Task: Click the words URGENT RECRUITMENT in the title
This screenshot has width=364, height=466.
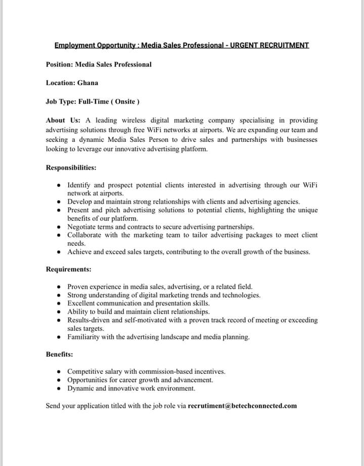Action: click(x=269, y=46)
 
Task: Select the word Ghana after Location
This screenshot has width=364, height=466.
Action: click(x=88, y=83)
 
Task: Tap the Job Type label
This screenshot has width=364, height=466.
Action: click(x=60, y=101)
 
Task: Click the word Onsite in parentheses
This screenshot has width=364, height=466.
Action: click(x=125, y=101)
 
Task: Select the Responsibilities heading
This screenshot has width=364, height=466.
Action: click(x=71, y=167)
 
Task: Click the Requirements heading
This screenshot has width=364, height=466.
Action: click(x=68, y=269)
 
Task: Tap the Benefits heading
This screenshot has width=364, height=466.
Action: click(x=59, y=354)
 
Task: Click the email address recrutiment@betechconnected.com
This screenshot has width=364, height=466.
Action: click(x=242, y=406)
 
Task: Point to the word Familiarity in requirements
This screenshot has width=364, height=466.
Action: click(x=83, y=337)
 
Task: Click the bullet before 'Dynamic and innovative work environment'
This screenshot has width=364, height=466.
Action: click(x=60, y=389)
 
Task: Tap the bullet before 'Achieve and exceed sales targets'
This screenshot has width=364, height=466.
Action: click(x=60, y=252)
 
